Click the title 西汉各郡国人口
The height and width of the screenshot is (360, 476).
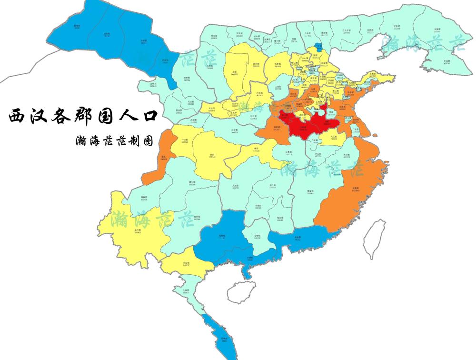click(x=83, y=116)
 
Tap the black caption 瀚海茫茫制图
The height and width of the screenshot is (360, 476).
click(x=114, y=141)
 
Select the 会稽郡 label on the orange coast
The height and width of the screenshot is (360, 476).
click(x=356, y=189)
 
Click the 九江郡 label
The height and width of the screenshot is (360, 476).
click(x=334, y=137)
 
